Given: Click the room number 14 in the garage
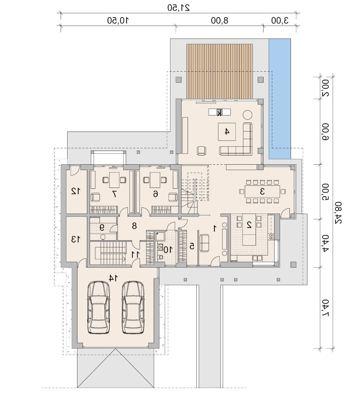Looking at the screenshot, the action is coord(113,278).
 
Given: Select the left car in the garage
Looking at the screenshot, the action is coord(98,307).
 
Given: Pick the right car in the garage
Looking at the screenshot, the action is coord(133,307).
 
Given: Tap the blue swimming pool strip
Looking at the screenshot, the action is coord(280,98).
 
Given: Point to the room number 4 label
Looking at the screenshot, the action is coord(227,132).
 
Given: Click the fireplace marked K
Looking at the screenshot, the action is coord(219,112).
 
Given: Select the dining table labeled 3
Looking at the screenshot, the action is coord(262,191).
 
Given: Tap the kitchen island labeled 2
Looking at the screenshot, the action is coord(249,229).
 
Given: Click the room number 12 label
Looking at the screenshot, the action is coord(76,191).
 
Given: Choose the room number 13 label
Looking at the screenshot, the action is coord(76,239).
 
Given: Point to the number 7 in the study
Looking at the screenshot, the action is coord(114,194).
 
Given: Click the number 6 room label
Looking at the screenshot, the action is coord(155,194).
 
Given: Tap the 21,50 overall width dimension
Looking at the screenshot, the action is coord(178,7).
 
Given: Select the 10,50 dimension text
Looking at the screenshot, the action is coord(118,21).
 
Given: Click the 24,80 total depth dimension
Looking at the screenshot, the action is coord(338,213).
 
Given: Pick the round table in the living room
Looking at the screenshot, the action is coord(247,115).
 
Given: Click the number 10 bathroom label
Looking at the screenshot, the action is coord(167,250).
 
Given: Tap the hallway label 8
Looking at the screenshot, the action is coord(134,226).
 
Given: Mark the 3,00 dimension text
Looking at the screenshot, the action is coord(280,21).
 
